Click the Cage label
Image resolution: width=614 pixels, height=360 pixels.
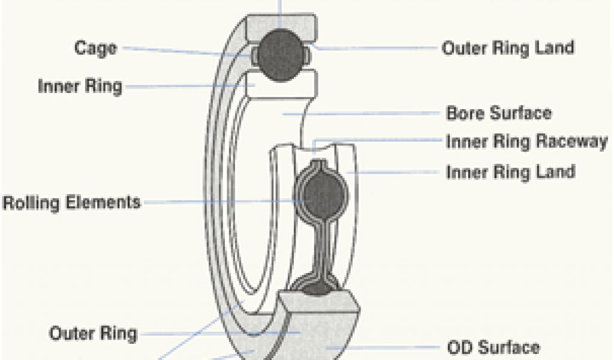click(x=95, y=48)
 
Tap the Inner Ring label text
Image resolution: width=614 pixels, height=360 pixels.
click(x=80, y=86)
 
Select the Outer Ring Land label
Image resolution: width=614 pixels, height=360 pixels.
click(x=508, y=48)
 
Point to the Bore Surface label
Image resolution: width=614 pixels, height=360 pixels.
click(x=499, y=113)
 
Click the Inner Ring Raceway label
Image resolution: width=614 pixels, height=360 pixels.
click(x=526, y=142)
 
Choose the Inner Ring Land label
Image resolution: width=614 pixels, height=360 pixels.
click(x=510, y=172)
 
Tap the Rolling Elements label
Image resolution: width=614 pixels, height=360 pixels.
click(x=72, y=202)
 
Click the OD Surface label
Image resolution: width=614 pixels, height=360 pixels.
click(x=493, y=347)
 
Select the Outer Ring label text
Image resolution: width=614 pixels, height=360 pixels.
click(x=93, y=333)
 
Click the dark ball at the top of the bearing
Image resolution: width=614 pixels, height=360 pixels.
click(x=281, y=53)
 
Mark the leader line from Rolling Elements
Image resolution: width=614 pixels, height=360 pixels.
click(x=222, y=202)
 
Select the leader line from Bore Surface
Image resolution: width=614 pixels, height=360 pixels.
click(x=366, y=113)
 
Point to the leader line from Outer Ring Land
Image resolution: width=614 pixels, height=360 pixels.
click(x=378, y=47)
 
